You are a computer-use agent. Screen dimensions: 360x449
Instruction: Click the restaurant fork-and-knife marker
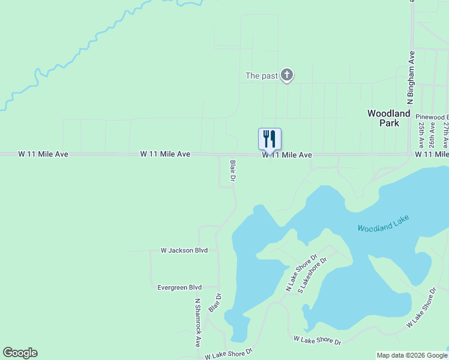click(270, 139)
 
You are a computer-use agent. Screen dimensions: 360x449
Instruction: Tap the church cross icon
click(287, 75)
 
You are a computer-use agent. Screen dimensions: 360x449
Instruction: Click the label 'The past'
click(261, 76)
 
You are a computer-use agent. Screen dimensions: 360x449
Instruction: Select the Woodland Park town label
click(389, 118)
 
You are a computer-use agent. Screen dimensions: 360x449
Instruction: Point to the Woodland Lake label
click(382, 226)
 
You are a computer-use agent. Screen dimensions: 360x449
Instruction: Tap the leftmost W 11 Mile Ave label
click(43, 154)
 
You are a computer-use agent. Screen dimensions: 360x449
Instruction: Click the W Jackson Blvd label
click(184, 250)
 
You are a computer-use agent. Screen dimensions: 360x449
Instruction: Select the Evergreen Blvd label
click(179, 287)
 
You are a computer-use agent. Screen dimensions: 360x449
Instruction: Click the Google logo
click(20, 353)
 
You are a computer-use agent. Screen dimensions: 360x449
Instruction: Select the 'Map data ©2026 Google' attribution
click(412, 355)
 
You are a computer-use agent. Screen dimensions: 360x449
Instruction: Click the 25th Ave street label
click(422, 136)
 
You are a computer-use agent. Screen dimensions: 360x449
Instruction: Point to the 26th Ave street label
click(434, 136)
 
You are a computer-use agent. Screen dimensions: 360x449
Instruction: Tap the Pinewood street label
click(433, 116)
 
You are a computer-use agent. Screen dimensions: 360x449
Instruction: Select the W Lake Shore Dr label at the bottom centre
click(318, 340)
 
